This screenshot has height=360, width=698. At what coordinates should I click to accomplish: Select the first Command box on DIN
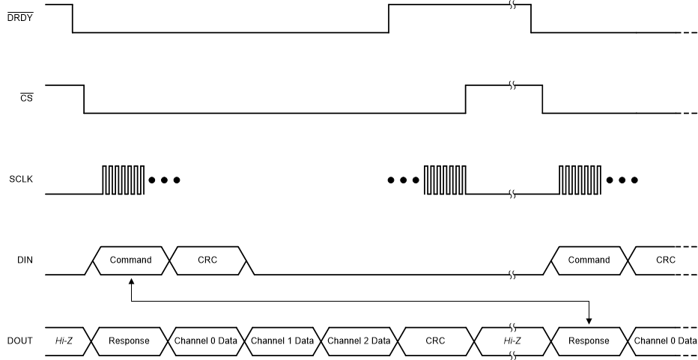click(x=130, y=260)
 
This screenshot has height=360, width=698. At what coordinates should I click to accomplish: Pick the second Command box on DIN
click(x=589, y=260)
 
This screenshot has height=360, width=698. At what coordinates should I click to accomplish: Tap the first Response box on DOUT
click(x=128, y=341)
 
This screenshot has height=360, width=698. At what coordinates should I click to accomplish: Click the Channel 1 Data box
click(x=282, y=341)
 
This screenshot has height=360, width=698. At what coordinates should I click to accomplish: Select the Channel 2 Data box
click(x=359, y=341)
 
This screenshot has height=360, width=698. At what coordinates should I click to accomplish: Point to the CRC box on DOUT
click(x=435, y=341)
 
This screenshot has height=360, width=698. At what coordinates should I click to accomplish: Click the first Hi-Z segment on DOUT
click(x=64, y=341)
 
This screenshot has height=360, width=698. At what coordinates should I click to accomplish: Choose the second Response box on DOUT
click(x=588, y=341)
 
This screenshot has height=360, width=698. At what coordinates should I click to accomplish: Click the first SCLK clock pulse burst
click(x=123, y=180)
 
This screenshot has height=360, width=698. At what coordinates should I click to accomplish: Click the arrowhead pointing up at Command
click(x=131, y=281)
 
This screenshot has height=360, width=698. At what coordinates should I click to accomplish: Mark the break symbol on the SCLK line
click(x=512, y=194)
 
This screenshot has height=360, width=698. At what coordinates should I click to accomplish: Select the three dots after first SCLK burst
click(x=164, y=180)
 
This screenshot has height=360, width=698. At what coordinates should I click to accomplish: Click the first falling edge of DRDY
click(x=73, y=18)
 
